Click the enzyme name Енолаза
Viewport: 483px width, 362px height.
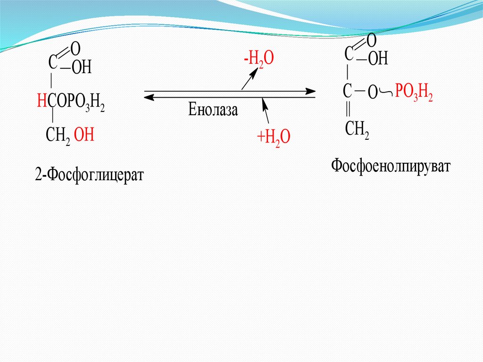pyautogui.click(x=213, y=110)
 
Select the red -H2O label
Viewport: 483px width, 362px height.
pyautogui.click(x=258, y=60)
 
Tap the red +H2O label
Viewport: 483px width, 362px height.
pyautogui.click(x=273, y=138)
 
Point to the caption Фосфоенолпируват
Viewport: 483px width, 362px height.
pyautogui.click(x=391, y=166)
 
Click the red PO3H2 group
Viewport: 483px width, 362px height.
pyautogui.click(x=414, y=93)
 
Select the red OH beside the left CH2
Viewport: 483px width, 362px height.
pyautogui.click(x=85, y=136)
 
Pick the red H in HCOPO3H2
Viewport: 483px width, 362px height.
pyautogui.click(x=42, y=101)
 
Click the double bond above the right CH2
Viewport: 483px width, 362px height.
pyautogui.click(x=348, y=109)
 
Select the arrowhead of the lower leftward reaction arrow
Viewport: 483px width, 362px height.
pyautogui.click(x=148, y=97)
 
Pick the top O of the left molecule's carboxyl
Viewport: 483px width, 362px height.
pyautogui.click(x=75, y=48)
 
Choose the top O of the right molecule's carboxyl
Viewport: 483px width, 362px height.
pyautogui.click(x=371, y=40)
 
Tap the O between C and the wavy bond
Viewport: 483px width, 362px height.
pyautogui.click(x=373, y=93)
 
